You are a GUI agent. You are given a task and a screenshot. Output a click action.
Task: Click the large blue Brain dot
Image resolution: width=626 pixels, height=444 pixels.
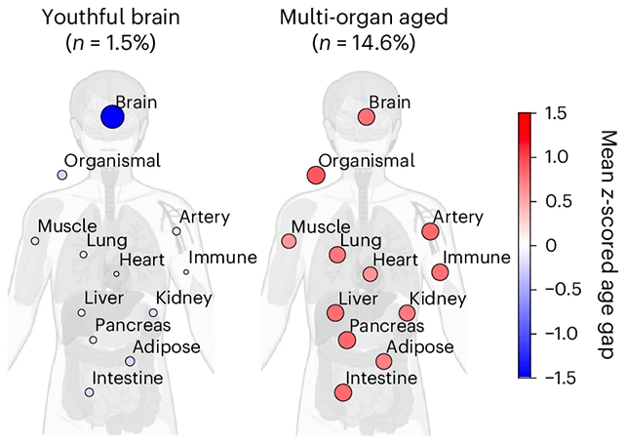112,117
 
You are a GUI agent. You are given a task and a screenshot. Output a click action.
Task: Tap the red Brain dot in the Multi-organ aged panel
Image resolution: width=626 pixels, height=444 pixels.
366,117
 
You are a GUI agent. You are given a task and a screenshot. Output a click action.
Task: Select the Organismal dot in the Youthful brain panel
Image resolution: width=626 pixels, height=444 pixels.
61,175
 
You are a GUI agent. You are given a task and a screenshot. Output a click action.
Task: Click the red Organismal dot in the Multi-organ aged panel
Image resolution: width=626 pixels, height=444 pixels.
315,175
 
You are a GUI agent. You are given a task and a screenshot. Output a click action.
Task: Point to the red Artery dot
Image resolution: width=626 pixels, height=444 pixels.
430,231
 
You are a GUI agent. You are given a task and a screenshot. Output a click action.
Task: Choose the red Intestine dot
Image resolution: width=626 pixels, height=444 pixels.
342,392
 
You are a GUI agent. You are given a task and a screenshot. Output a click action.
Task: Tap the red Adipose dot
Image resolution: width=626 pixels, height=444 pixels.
383,361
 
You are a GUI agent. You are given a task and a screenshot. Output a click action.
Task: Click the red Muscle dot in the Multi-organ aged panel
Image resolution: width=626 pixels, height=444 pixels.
289,241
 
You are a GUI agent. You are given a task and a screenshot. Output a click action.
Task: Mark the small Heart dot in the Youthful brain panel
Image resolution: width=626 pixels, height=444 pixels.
116,273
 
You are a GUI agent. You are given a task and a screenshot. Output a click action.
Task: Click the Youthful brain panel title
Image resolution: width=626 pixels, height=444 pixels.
112,17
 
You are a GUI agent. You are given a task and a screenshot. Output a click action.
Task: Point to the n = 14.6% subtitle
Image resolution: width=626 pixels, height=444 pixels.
366,43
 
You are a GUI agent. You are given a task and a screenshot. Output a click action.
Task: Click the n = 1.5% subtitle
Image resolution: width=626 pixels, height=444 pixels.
112,43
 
